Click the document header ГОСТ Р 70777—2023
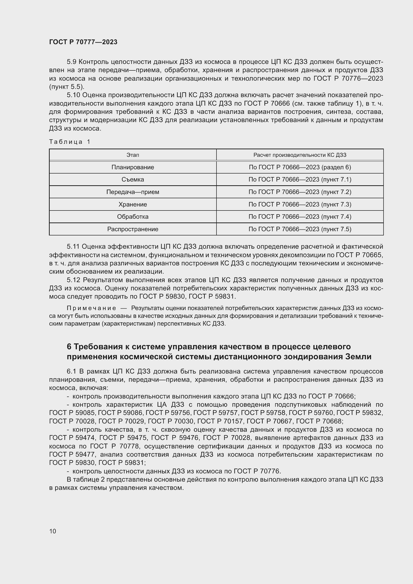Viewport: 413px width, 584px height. [x=83, y=42]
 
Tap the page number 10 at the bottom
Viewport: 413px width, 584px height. [x=53, y=531]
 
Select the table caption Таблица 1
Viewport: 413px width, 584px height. [x=70, y=142]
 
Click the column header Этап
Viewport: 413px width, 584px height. [x=133, y=155]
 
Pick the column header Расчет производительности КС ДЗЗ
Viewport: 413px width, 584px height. [x=300, y=155]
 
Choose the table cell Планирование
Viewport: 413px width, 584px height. [x=133, y=167]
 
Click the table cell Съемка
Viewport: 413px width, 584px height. [x=133, y=180]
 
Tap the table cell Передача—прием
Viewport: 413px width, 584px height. [x=133, y=192]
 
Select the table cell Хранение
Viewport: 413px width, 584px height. [x=133, y=204]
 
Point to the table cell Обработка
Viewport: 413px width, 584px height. [x=133, y=217]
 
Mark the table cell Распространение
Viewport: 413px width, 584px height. [x=133, y=229]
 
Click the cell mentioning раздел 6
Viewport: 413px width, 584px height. [x=300, y=167]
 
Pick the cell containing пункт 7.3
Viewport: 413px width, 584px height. [x=300, y=204]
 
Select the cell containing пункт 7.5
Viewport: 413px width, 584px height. [x=300, y=229]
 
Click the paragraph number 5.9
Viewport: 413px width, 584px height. [x=72, y=62]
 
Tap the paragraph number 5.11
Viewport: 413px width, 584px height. [x=73, y=246]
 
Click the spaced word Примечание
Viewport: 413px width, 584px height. [x=91, y=308]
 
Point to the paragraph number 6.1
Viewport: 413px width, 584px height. [x=71, y=371]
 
